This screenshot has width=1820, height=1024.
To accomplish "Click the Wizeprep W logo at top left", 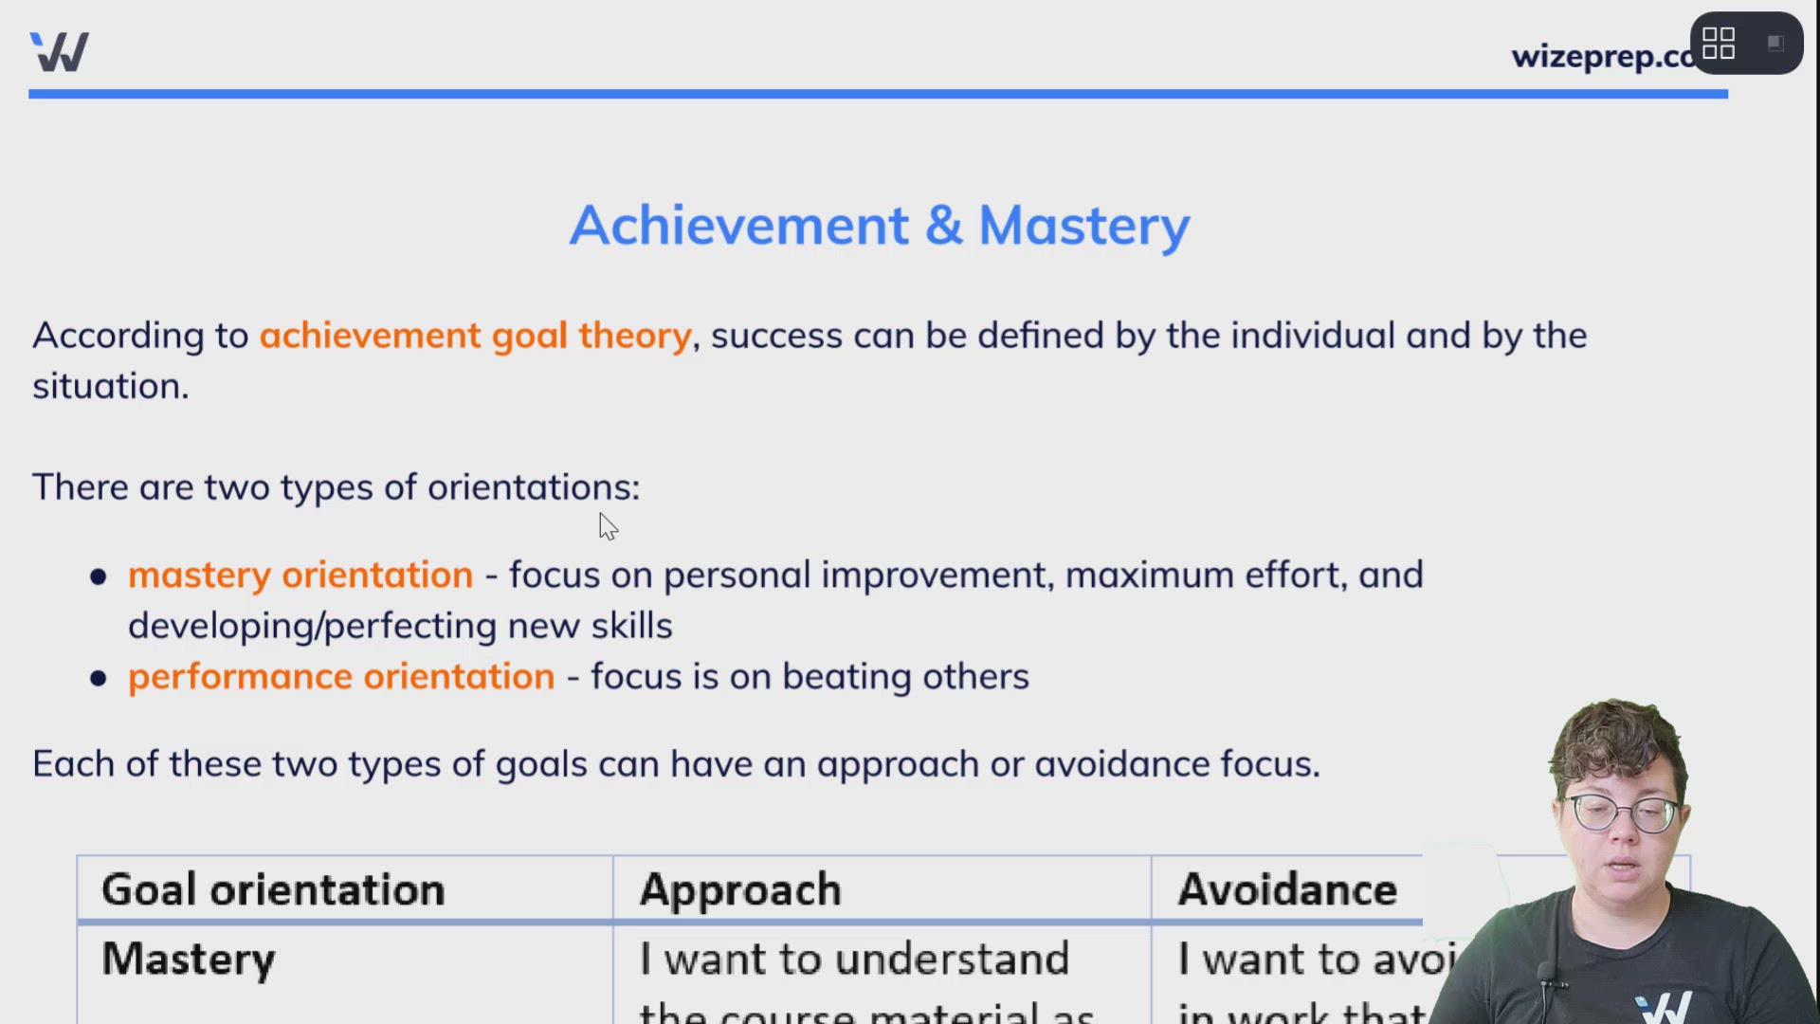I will tap(59, 52).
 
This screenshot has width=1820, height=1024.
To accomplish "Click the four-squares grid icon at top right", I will tap(1718, 44).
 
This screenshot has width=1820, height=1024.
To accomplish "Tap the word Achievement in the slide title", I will tap(739, 226).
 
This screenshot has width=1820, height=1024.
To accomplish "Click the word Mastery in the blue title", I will tap(1083, 226).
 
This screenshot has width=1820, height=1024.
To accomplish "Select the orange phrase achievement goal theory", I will tap(475, 336).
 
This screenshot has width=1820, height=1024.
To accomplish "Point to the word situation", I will tap(110, 387).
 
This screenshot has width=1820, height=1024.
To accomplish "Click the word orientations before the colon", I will tap(531, 487).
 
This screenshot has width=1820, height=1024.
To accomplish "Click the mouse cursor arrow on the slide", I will tap(608, 526).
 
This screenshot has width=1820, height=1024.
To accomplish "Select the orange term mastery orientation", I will tap(300, 576).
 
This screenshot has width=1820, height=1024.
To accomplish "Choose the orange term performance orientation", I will tap(341, 677).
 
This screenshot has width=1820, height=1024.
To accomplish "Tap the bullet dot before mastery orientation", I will tap(99, 577).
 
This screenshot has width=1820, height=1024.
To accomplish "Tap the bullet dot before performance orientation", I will tap(99, 679).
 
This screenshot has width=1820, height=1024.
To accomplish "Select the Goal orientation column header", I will tap(273, 890).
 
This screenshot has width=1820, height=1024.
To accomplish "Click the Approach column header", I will tap(740, 890).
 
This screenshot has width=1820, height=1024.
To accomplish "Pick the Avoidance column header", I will tap(1286, 890).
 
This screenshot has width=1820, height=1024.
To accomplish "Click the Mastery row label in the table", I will tap(188, 960).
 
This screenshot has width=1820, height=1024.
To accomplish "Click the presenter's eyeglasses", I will tap(1623, 814).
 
